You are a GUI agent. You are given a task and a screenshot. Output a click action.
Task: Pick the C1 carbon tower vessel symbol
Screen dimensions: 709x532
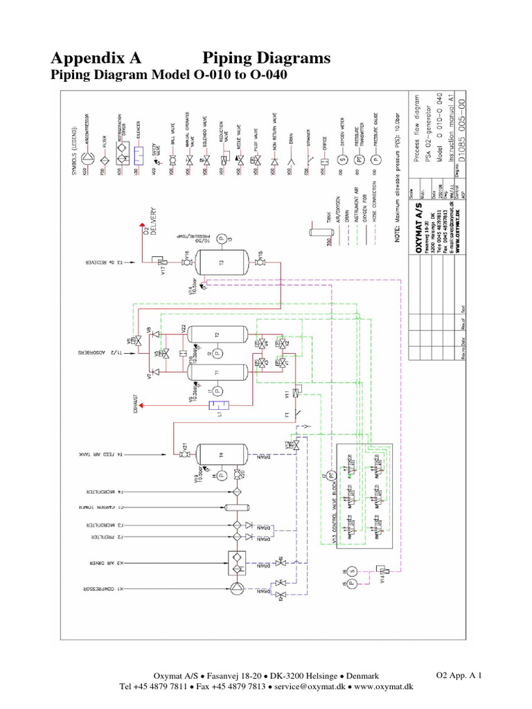(x=236, y=508)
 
